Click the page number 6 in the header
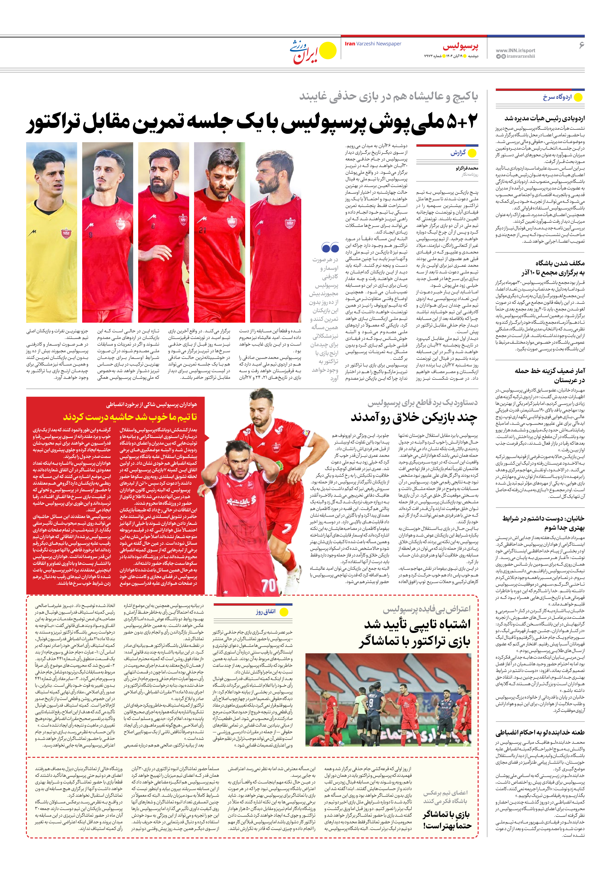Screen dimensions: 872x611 coord(581,45)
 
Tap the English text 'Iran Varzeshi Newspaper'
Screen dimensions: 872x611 coord(373,44)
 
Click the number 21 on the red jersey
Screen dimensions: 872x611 coord(202,230)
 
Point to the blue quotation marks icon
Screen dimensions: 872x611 coord(330,248)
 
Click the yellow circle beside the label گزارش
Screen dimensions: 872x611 coord(472,153)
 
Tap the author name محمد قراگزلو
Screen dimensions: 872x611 coord(467,168)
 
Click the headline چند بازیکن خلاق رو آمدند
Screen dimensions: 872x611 coord(414,417)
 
